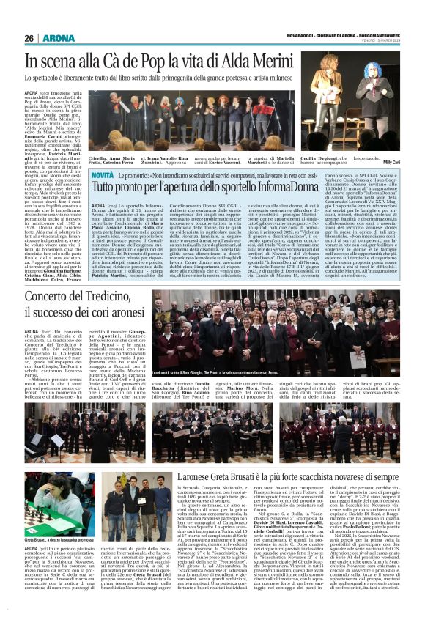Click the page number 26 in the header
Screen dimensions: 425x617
[29, 39]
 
